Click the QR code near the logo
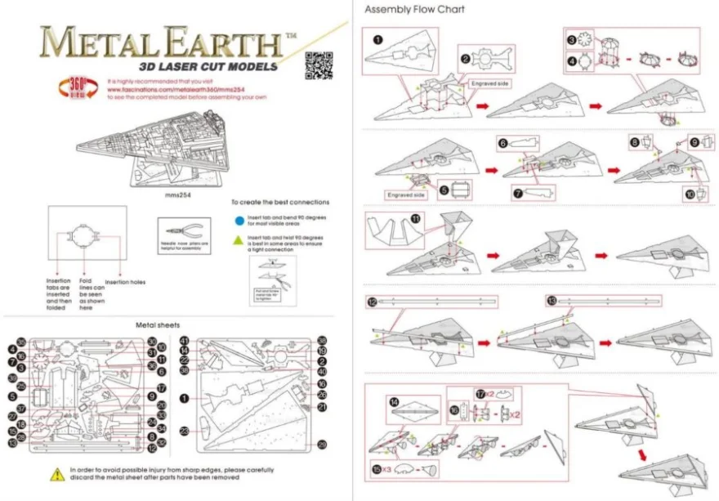point(316,65)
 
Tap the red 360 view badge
point(75,87)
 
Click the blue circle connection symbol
point(238,219)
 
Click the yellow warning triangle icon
point(57,473)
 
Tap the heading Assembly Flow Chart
point(414,10)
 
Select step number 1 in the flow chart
point(377,38)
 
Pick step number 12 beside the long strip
point(372,302)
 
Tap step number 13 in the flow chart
point(552,302)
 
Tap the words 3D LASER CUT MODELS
point(208,66)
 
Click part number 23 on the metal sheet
point(184,429)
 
